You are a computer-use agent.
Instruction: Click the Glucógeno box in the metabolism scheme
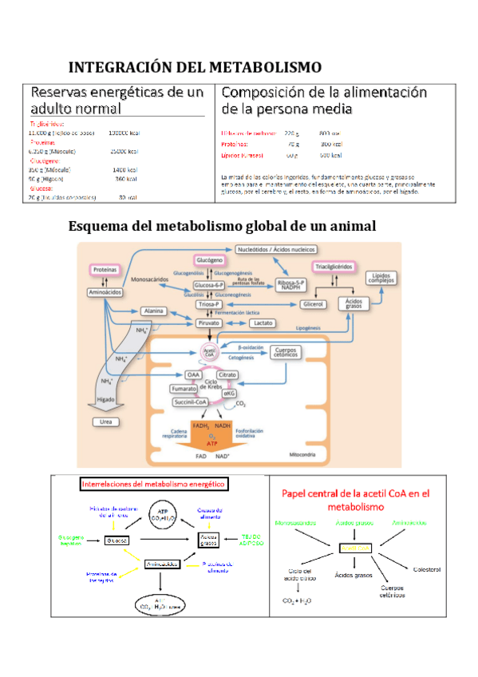pos(208,260)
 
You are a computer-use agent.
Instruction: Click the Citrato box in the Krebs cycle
pos(227,374)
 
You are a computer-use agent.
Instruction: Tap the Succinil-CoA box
pos(192,402)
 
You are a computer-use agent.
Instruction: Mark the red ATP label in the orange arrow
pos(211,441)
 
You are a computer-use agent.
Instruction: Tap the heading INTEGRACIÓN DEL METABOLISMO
pos(195,66)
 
